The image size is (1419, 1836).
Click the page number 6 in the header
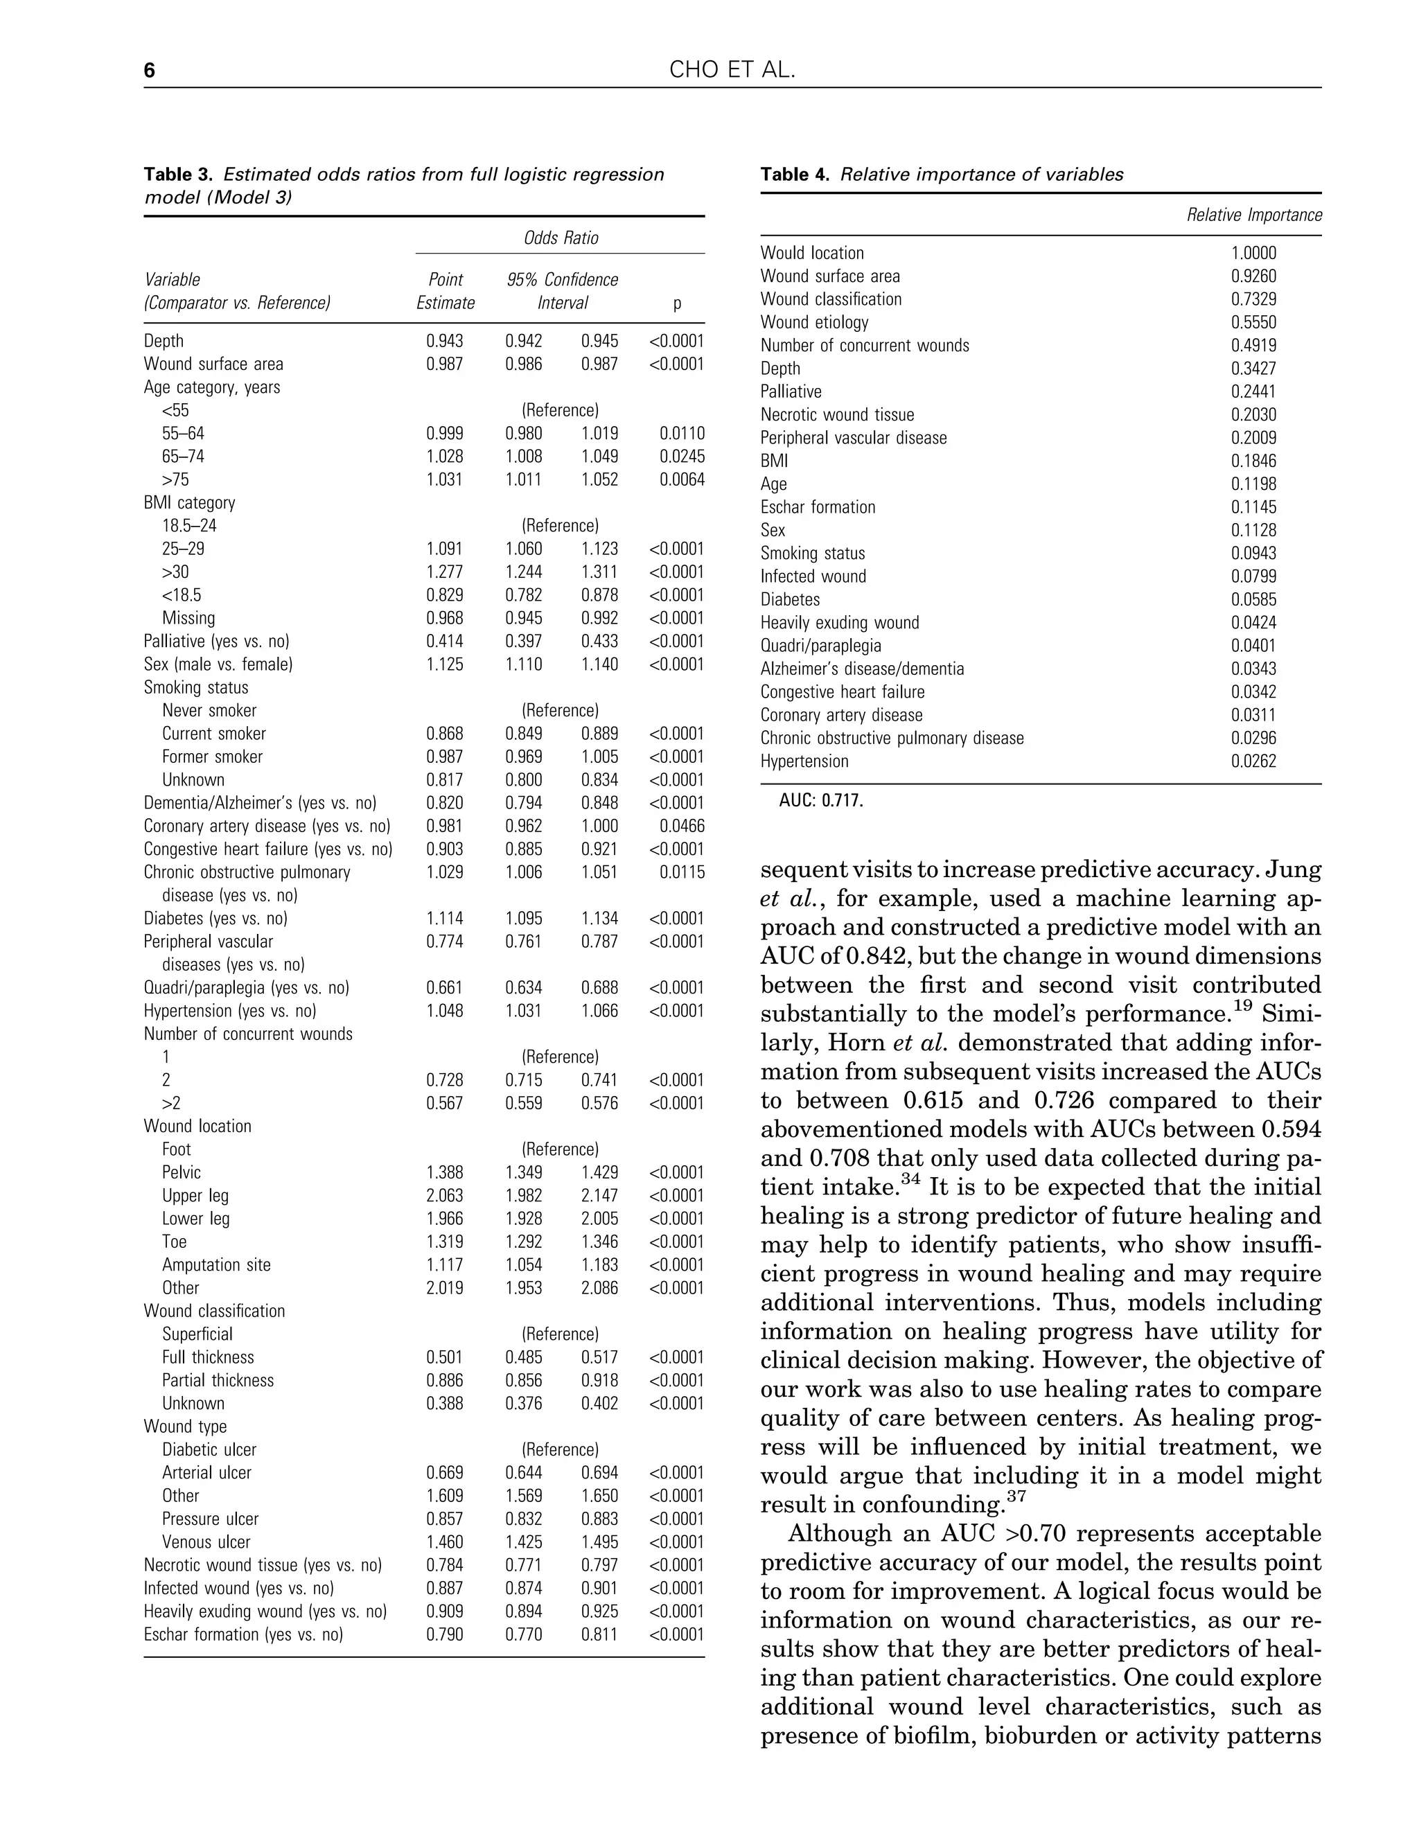[150, 70]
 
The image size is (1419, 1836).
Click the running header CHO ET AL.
[732, 70]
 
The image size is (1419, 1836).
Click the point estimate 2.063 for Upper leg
[444, 1195]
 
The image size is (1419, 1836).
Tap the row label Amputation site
[216, 1264]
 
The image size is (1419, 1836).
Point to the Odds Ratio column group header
[561, 238]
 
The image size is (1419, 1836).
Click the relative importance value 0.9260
[1253, 276]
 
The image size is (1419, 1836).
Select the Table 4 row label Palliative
[791, 391]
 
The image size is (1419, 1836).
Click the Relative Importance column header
[1253, 215]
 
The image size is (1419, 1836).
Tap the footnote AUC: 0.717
[820, 800]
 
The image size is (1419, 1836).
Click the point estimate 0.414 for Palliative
[444, 641]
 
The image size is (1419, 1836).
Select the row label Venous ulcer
[206, 1542]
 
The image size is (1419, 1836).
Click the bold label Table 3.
[178, 174]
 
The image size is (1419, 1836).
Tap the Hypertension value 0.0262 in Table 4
[1253, 761]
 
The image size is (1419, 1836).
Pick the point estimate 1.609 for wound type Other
[444, 1496]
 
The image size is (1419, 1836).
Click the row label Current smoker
[213, 733]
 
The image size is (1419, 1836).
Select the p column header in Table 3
[677, 303]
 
